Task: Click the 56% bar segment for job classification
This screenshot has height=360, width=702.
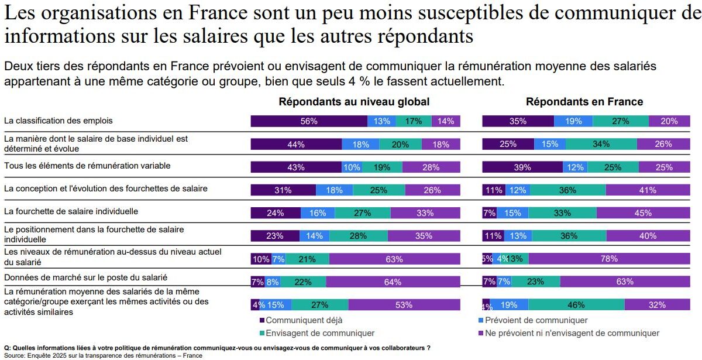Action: click(x=309, y=121)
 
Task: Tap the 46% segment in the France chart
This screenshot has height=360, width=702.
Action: click(x=576, y=304)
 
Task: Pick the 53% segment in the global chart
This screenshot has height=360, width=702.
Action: click(x=404, y=304)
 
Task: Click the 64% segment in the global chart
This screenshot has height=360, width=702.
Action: click(x=393, y=282)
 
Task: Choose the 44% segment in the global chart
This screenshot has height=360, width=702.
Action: click(x=296, y=144)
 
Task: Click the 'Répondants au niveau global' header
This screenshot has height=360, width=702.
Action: click(x=354, y=102)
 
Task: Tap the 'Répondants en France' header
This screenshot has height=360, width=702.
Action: click(x=584, y=102)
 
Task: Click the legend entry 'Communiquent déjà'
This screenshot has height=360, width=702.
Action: click(x=304, y=320)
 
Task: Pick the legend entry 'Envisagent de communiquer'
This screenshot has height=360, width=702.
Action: click(x=319, y=333)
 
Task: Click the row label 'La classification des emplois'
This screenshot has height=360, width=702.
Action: click(x=58, y=121)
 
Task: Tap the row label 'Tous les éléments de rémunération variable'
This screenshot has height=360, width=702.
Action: click(x=87, y=166)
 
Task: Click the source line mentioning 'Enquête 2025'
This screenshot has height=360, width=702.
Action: click(x=103, y=355)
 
